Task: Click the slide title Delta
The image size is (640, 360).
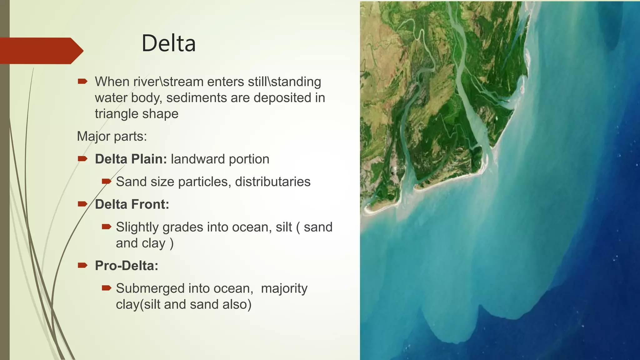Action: (168, 43)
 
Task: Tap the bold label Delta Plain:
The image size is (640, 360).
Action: (131, 159)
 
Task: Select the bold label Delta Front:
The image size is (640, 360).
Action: (132, 204)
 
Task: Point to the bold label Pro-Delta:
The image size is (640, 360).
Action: (127, 266)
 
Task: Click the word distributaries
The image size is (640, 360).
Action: (272, 182)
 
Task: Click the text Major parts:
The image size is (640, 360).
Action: (112, 136)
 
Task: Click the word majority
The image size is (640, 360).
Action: (284, 288)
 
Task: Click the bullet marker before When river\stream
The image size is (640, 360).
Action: (82, 82)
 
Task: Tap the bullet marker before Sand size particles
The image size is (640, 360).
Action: (107, 181)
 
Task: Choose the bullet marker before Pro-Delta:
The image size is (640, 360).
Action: (82, 265)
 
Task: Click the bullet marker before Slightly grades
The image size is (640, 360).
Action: (107, 227)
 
